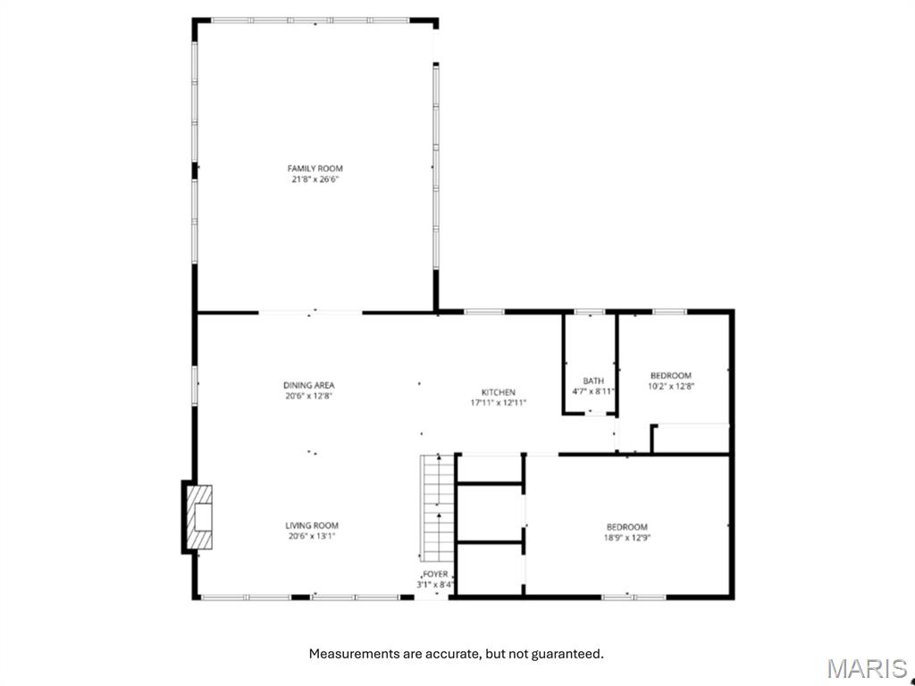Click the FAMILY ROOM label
click(315, 168)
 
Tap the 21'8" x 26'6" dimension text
click(315, 179)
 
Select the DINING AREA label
click(309, 385)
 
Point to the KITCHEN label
click(498, 392)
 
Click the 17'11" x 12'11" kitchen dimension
click(498, 403)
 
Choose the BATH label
click(593, 381)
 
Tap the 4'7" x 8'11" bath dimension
click(593, 391)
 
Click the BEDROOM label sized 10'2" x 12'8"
click(670, 375)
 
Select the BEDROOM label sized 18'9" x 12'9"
click(626, 527)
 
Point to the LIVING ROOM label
click(312, 525)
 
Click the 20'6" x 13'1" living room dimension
click(312, 536)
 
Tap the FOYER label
click(436, 574)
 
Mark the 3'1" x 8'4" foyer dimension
click(436, 585)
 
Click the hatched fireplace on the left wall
click(199, 516)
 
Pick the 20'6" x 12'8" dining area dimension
click(309, 396)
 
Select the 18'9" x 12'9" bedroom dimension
click(626, 538)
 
